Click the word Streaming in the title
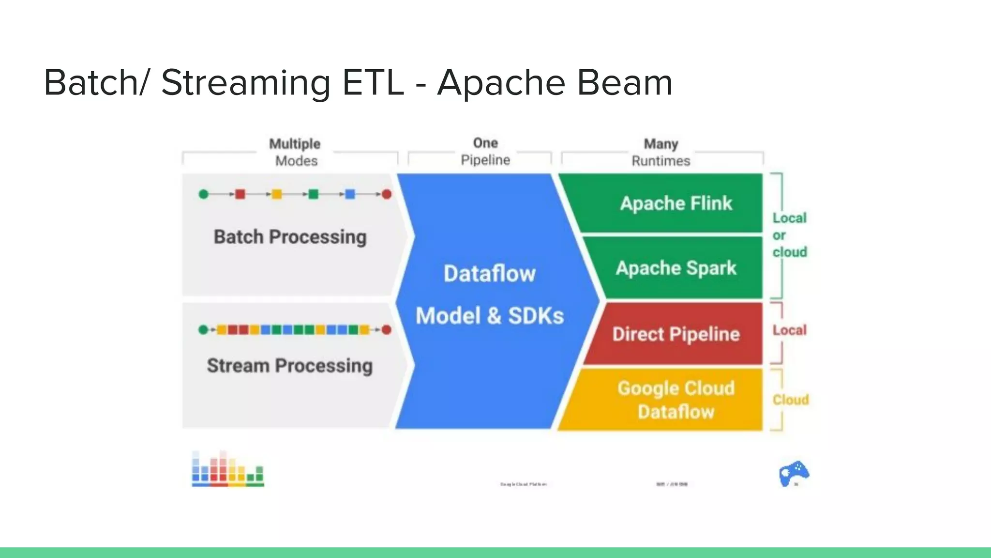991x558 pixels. tap(245, 83)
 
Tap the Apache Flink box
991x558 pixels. tap(676, 203)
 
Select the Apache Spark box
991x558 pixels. tap(676, 268)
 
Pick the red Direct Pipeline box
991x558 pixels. tap(676, 334)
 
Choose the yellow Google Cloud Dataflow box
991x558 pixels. tap(676, 400)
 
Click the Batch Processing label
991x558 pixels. tap(290, 237)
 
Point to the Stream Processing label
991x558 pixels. tap(290, 366)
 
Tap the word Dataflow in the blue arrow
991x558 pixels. tap(489, 274)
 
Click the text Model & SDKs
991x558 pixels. tap(489, 316)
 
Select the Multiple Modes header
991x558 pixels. tap(295, 152)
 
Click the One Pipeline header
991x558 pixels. tap(485, 151)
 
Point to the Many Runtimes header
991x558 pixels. tap(661, 152)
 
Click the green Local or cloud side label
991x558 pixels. tap(789, 235)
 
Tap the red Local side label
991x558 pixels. tap(789, 330)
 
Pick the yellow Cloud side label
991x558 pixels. tap(790, 400)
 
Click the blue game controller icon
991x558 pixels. tap(794, 473)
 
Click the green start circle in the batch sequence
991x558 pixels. tap(204, 194)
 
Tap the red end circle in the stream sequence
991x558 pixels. tap(386, 330)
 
